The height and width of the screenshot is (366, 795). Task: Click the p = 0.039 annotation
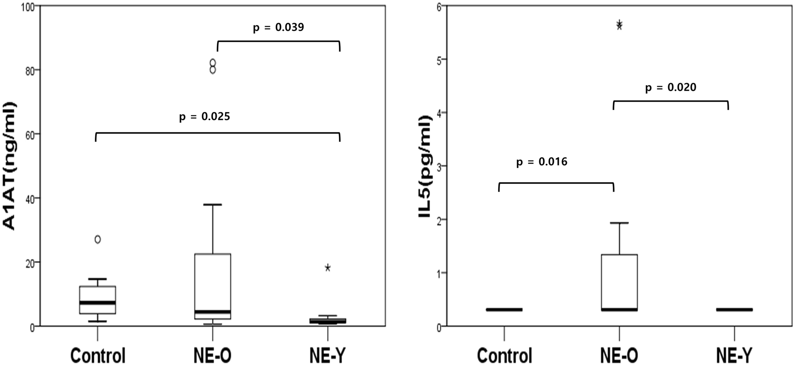point(278,27)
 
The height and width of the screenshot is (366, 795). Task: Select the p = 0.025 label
point(204,117)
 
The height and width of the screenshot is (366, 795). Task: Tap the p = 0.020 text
point(671,87)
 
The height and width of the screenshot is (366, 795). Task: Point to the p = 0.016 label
point(541,162)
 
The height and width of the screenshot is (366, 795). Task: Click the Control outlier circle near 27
point(97,239)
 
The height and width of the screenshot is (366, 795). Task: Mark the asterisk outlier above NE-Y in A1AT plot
point(328,268)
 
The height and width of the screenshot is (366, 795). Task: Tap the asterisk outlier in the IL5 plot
point(620,25)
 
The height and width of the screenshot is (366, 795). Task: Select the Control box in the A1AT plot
point(97,299)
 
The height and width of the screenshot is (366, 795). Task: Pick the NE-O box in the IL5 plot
point(620,282)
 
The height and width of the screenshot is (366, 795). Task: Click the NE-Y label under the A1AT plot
point(328,355)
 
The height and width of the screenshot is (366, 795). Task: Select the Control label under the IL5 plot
point(504,355)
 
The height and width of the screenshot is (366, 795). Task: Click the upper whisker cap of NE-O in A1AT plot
point(213,205)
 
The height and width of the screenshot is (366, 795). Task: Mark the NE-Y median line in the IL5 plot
point(734,309)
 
